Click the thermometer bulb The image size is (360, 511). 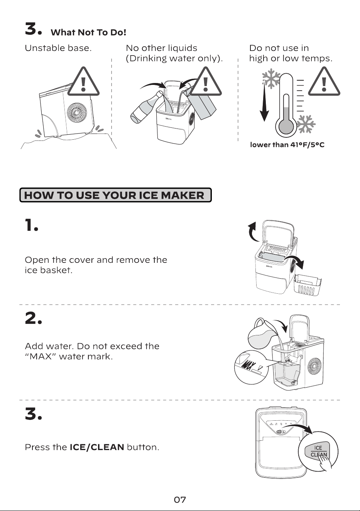[286, 126]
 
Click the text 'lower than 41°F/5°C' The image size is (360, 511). [287, 145]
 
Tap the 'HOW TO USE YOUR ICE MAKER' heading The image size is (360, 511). [114, 195]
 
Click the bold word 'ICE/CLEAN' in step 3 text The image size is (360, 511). [97, 447]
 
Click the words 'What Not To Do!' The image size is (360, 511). [88, 33]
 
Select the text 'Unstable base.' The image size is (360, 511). [58, 48]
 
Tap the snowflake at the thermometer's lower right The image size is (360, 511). [306, 124]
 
